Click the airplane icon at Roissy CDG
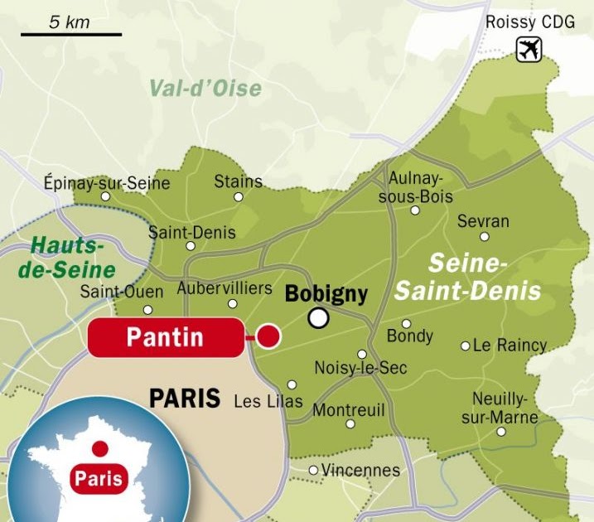click(x=528, y=50)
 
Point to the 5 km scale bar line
click(x=71, y=35)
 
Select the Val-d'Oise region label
click(x=205, y=88)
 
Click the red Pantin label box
click(x=165, y=337)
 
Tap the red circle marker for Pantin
click(x=268, y=336)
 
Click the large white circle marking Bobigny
click(x=318, y=318)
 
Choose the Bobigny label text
click(x=326, y=294)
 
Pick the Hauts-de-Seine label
click(x=73, y=258)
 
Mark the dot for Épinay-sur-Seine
click(x=105, y=197)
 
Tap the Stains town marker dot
click(x=239, y=197)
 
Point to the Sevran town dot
click(x=485, y=236)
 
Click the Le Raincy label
click(x=510, y=346)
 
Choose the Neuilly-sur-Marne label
click(x=500, y=408)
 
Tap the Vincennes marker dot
click(x=313, y=471)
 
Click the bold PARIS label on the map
click(x=185, y=399)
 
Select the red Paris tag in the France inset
click(x=99, y=478)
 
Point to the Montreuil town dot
click(x=350, y=423)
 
